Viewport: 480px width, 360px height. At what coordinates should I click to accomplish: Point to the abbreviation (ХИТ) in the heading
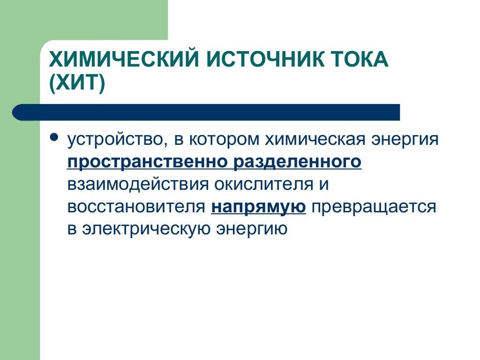coord(77,84)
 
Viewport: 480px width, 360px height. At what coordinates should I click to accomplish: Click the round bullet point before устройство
coord(54,139)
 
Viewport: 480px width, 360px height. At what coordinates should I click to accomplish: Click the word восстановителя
coord(135,207)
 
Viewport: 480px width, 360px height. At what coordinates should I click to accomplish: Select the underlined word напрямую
coord(258,207)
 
